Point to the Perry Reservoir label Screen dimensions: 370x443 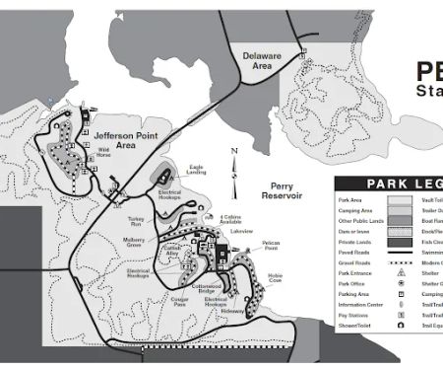coord(287,191)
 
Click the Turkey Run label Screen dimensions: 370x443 coord(136,221)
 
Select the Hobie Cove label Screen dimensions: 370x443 coord(275,278)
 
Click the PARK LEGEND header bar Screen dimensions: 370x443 coord(389,184)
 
